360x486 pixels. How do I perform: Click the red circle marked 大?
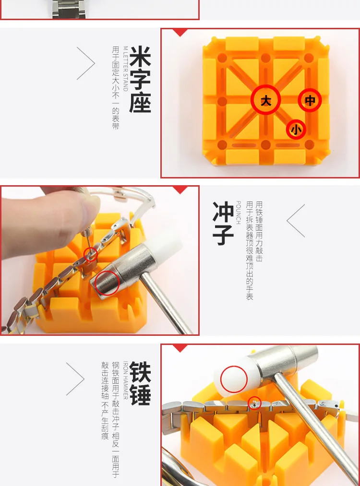click(266, 100)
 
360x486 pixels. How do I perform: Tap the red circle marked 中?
click(310, 100)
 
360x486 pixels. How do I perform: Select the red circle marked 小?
click(296, 129)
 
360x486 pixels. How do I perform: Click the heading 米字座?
click(140, 79)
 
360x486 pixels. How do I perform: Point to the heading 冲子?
click(223, 223)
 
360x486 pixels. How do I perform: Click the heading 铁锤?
click(140, 383)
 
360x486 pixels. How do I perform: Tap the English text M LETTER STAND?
click(125, 69)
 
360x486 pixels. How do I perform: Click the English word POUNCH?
click(238, 213)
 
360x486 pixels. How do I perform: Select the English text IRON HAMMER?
click(125, 380)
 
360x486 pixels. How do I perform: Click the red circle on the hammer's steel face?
click(107, 283)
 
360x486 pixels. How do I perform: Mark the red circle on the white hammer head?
click(234, 379)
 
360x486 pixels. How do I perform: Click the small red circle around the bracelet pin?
click(254, 403)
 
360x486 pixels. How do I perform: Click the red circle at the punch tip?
click(91, 255)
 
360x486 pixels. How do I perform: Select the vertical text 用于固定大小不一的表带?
click(116, 88)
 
